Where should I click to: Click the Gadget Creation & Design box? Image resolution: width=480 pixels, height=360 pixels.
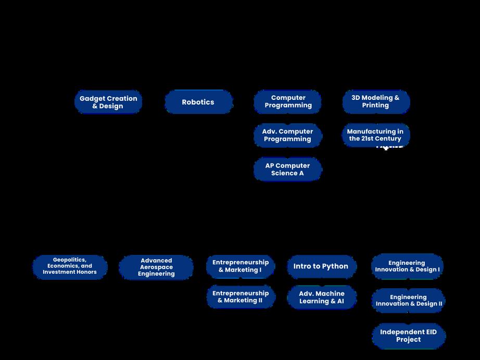point(108,102)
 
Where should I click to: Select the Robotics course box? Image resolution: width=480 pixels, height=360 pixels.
point(198,102)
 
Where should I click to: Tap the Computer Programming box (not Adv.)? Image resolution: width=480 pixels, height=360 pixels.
point(288,101)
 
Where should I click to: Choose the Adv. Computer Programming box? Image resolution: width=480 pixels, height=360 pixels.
point(288,135)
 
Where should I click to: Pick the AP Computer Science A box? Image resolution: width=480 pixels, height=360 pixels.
point(288,169)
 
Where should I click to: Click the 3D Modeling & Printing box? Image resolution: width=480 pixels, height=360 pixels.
point(376,101)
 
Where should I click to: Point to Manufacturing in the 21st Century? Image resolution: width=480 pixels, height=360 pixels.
point(376,135)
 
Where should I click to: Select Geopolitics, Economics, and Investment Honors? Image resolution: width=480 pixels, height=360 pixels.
point(70,266)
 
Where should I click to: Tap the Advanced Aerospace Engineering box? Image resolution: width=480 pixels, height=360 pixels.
point(156,267)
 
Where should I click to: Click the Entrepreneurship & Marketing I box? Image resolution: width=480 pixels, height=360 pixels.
point(241,266)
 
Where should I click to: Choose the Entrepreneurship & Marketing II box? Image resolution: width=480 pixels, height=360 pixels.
point(241,297)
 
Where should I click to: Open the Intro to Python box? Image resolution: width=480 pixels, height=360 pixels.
point(321,266)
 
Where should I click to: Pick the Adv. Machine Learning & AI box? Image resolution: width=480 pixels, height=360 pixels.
point(322,297)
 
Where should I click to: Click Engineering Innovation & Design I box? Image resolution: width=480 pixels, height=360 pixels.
point(407,266)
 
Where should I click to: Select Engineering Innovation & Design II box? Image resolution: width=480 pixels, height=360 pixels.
point(409,301)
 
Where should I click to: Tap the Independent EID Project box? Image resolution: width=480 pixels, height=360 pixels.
point(409,336)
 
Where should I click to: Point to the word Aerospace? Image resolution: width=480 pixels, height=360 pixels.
point(156,267)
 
